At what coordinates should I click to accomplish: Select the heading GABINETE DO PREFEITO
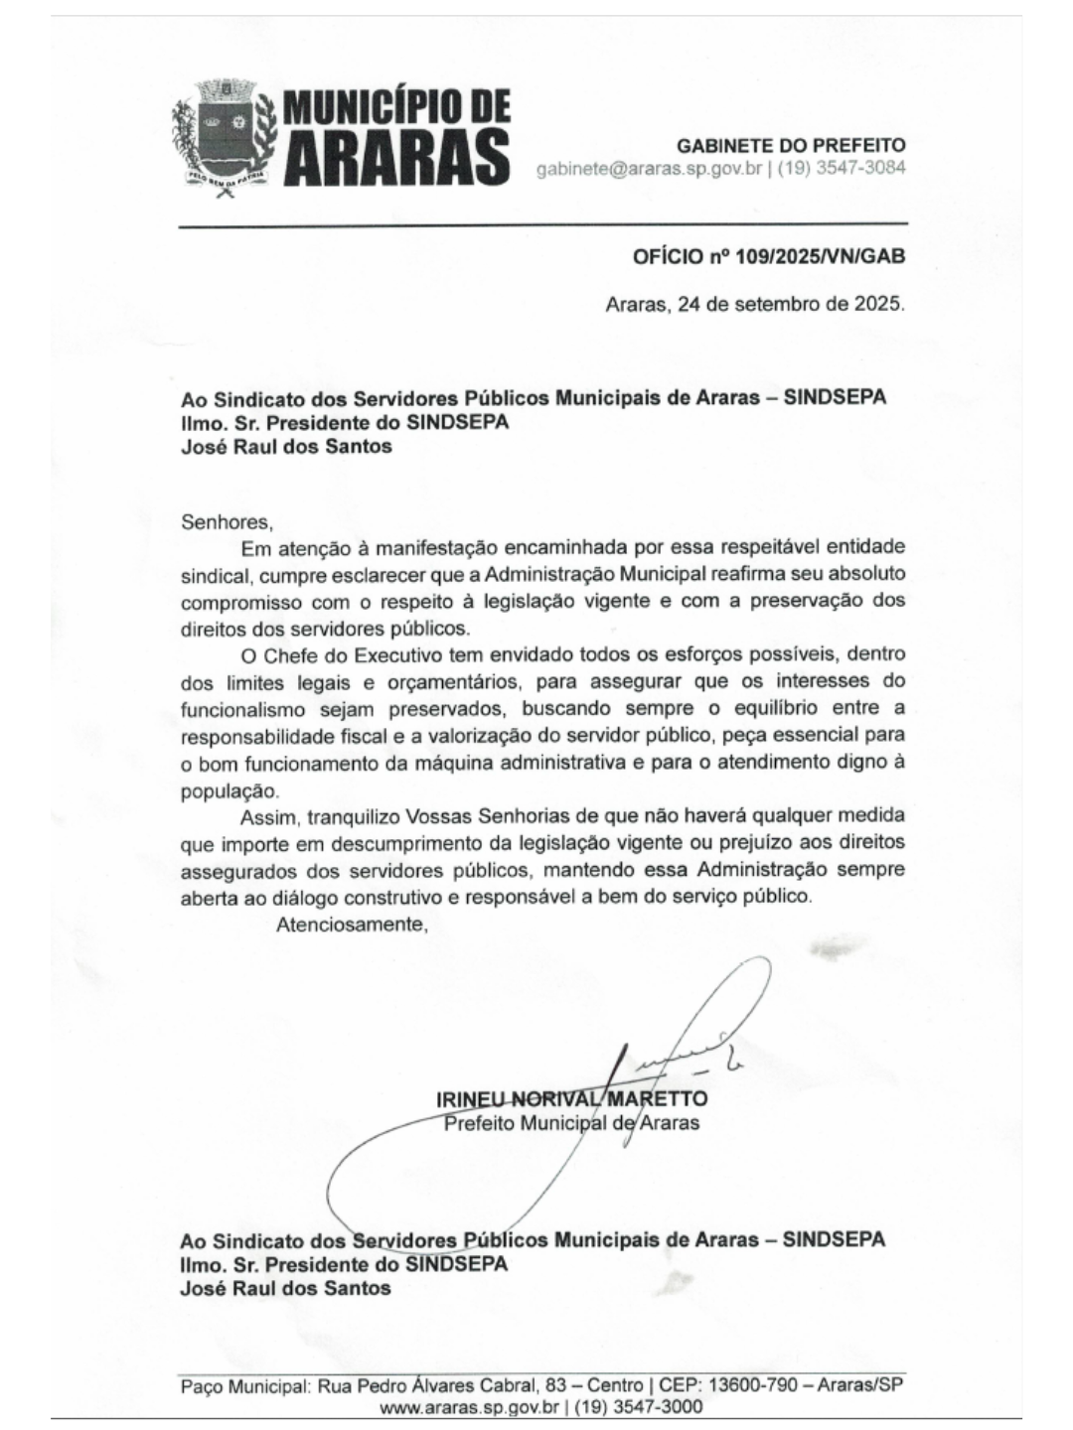pos(791,145)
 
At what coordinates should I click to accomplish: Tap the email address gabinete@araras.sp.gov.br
pos(649,168)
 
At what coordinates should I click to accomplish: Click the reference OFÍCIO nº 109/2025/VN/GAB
pos(769,256)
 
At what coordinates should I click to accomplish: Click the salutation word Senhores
pos(226,520)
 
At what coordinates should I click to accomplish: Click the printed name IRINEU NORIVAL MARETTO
pos(571,1099)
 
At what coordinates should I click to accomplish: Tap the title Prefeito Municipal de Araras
pos(571,1123)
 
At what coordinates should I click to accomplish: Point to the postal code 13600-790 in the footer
pos(760,1385)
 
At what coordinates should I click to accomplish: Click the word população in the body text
pos(230,790)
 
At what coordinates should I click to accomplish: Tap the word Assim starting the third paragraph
pos(268,817)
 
